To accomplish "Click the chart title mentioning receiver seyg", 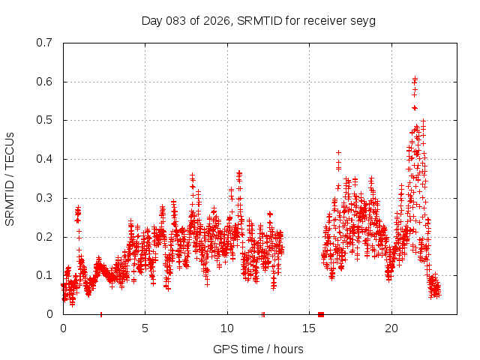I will pos(259,21).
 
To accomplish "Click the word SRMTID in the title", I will pos(259,21).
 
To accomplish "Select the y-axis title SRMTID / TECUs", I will pos(10,178).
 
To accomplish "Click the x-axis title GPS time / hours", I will pos(259,349).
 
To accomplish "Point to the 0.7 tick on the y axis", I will pos(46,43).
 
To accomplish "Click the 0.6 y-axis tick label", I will pos(46,82).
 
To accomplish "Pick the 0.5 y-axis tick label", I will pos(46,120).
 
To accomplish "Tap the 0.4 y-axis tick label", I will pos(46,159).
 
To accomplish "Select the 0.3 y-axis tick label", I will pos(46,198).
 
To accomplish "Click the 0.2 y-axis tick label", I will pos(46,237).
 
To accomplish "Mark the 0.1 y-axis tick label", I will pos(46,275).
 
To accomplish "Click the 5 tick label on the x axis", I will pos(145,328).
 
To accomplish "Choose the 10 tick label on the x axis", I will pos(227,328).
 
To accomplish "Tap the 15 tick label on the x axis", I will pos(310,328).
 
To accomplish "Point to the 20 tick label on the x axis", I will pos(391,328).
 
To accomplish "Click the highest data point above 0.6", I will pos(415,78).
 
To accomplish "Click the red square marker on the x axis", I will pos(321,314).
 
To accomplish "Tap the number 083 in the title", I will pos(172,21).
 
